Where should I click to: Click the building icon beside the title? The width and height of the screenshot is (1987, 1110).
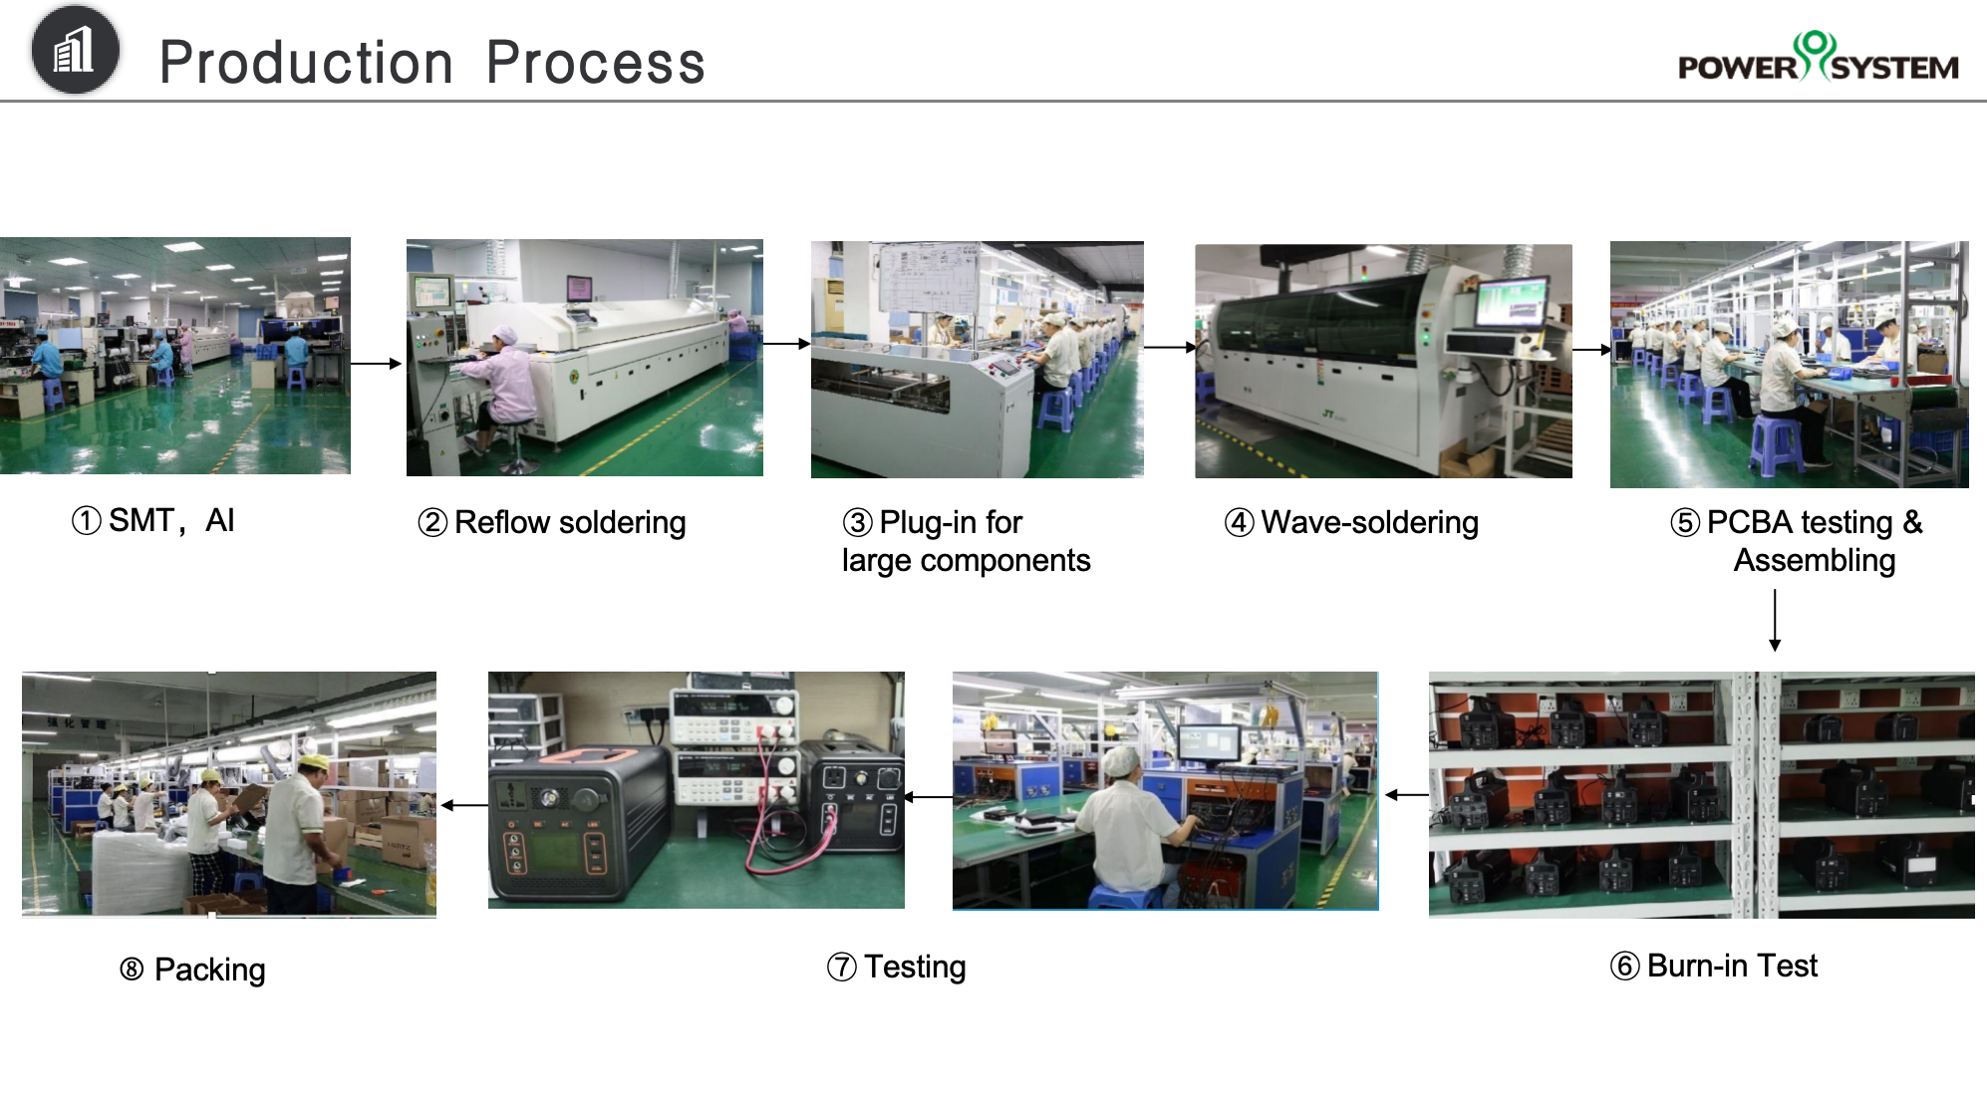click(x=75, y=50)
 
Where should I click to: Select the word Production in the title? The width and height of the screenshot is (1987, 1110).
click(x=306, y=63)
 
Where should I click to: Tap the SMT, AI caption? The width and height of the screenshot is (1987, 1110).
click(x=152, y=520)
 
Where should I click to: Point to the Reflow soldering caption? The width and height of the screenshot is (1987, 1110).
click(x=552, y=522)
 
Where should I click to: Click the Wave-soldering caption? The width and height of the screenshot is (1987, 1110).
click(x=1351, y=522)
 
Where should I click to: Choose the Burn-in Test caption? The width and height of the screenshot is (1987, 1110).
click(x=1714, y=966)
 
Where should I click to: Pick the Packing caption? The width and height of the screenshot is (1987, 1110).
click(x=192, y=970)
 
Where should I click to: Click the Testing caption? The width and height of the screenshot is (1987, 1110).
click(x=897, y=967)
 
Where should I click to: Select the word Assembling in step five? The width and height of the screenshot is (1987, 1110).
click(x=1815, y=560)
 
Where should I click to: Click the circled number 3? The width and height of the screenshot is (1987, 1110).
click(x=857, y=522)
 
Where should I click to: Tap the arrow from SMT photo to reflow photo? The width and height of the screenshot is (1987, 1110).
click(x=376, y=364)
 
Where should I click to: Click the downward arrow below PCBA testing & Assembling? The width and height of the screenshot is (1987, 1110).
click(x=1775, y=620)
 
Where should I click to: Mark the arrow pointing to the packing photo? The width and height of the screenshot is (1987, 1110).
click(x=464, y=805)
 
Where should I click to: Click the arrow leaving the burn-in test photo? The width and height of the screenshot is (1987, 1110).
click(x=1406, y=794)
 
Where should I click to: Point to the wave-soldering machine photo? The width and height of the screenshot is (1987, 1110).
click(x=1383, y=361)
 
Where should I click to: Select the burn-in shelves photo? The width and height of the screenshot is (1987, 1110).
click(x=1701, y=795)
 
